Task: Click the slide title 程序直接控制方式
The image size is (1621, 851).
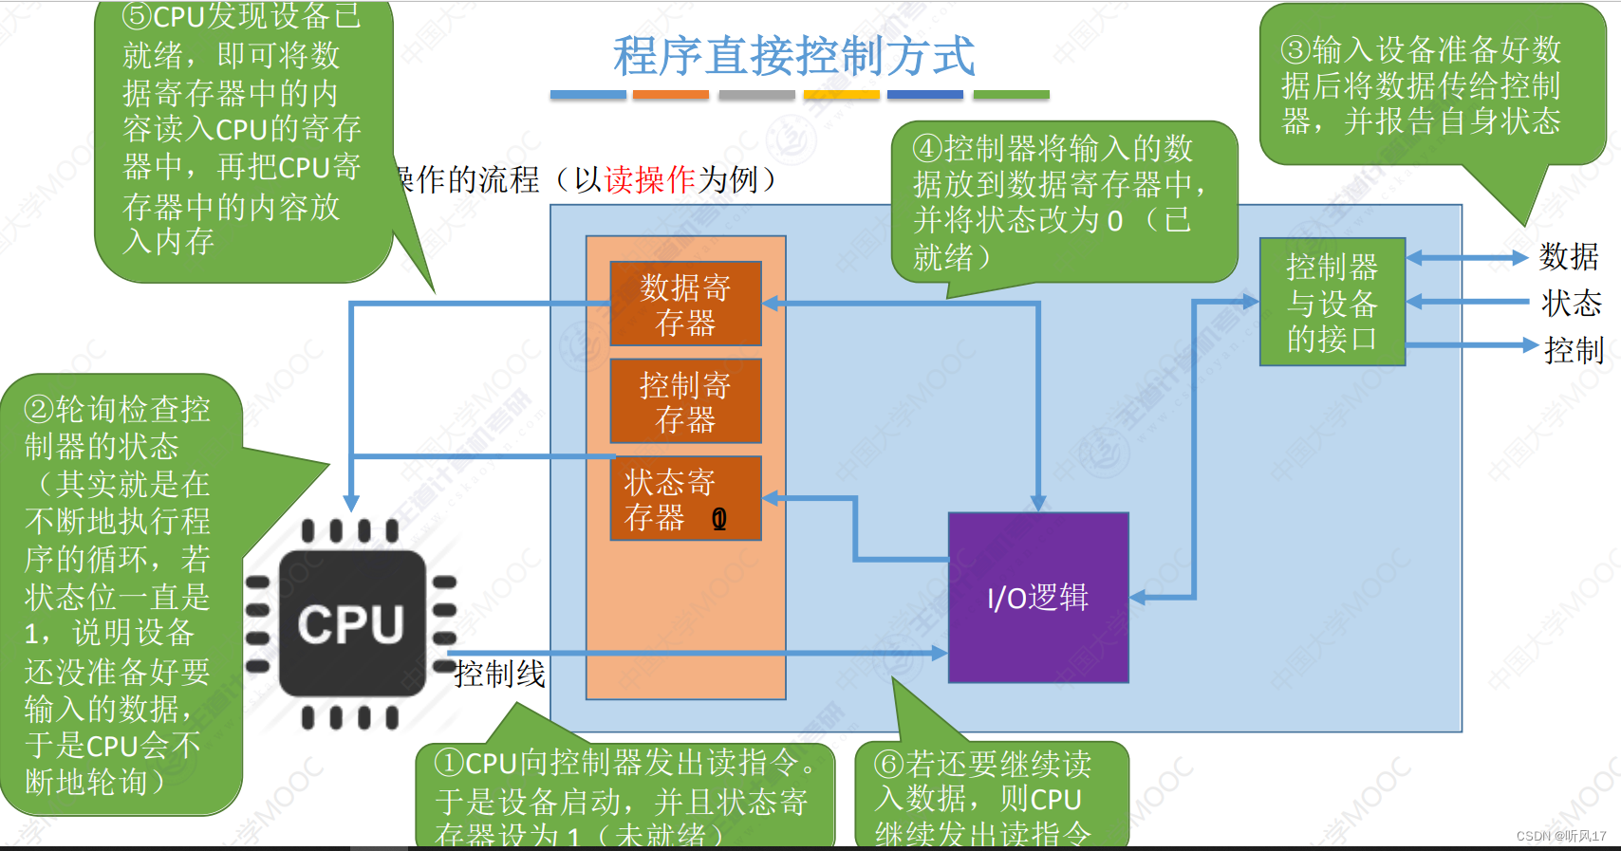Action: [x=793, y=56]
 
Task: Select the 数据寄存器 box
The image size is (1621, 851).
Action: [x=685, y=305]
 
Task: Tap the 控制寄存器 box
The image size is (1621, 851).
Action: [x=685, y=401]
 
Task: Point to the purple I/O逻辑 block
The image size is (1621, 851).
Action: [x=1038, y=598]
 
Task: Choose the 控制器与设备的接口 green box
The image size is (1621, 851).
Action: [x=1332, y=303]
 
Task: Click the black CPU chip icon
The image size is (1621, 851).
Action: [x=351, y=624]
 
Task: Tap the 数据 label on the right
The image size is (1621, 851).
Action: [x=1569, y=256]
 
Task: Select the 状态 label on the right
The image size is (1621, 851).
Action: [x=1571, y=304]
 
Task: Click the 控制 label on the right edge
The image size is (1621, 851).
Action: [x=1573, y=350]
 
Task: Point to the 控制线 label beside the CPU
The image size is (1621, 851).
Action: [x=500, y=674]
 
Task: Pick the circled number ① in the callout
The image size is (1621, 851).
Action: [x=449, y=763]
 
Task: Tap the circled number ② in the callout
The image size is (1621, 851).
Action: [x=39, y=410]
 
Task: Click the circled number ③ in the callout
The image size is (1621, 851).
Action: [x=1296, y=49]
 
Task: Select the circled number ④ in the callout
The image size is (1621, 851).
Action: [x=927, y=149]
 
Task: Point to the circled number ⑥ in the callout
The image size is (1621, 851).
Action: [x=889, y=764]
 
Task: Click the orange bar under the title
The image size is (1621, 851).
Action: [x=670, y=95]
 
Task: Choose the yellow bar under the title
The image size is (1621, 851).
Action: [x=841, y=95]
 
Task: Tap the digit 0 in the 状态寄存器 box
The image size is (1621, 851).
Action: [x=719, y=518]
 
